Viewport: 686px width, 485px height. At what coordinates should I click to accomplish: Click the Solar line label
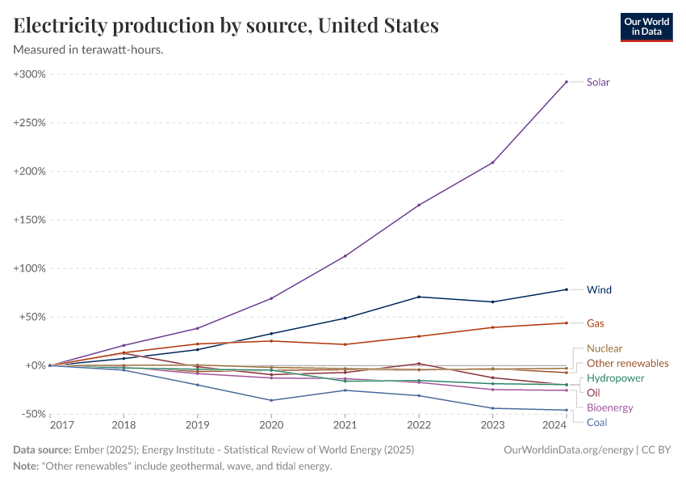coord(598,82)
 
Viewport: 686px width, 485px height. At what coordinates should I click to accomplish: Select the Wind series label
coord(598,289)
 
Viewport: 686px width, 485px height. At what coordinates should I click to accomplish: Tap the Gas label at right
coord(596,323)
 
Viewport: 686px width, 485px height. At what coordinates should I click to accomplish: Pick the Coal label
coord(596,422)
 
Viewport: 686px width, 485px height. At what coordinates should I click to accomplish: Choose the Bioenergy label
coord(609,407)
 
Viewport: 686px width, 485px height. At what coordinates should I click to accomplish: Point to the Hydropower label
coord(615,377)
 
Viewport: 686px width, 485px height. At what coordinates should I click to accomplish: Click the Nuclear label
coord(604,348)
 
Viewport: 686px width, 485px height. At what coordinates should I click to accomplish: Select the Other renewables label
coord(628,363)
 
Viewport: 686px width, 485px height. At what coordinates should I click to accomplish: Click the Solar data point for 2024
coord(567,82)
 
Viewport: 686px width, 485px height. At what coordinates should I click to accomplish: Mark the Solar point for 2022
coord(419,205)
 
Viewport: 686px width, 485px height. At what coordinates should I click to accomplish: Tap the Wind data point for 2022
coord(419,297)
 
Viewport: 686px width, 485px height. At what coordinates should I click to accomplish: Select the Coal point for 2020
coord(271,400)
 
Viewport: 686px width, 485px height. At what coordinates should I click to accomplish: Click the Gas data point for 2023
coord(492,327)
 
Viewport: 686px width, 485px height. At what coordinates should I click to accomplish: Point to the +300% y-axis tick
coord(29,74)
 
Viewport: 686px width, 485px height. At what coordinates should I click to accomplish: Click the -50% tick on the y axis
coord(31,414)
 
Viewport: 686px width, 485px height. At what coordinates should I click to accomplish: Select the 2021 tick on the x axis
coord(345,425)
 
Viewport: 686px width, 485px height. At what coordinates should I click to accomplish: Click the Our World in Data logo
coord(646,27)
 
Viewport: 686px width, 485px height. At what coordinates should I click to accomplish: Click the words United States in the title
coord(379,26)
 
